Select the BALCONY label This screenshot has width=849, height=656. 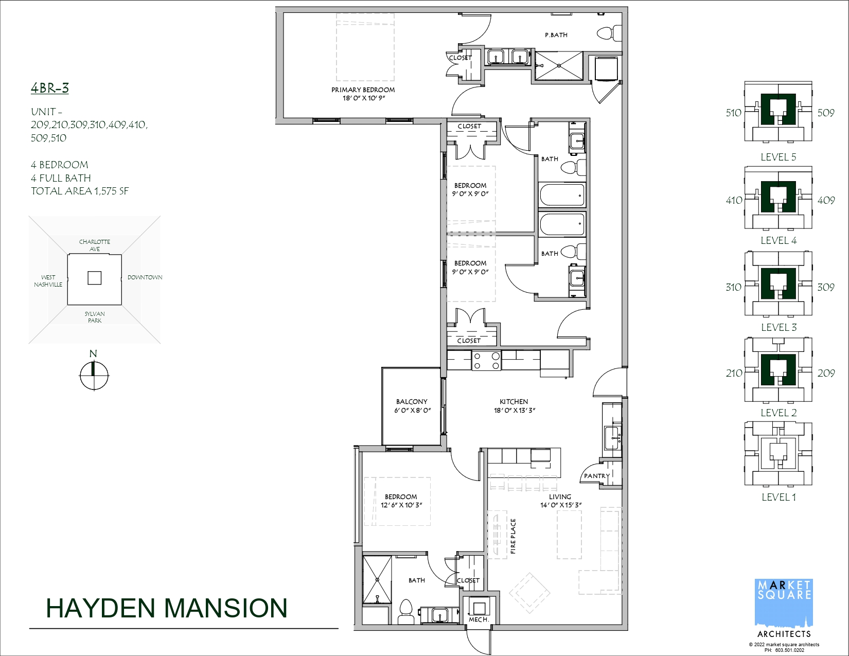(x=412, y=402)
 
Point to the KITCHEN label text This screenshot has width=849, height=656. (x=514, y=402)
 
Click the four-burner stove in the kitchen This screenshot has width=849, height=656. (x=486, y=361)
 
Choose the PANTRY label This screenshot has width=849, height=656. (x=596, y=476)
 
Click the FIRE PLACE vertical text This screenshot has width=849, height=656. (x=513, y=536)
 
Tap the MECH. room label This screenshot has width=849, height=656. (x=479, y=619)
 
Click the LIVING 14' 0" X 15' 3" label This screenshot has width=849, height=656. (x=561, y=501)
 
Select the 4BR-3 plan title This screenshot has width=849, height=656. (x=49, y=88)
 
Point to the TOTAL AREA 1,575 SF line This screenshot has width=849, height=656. (x=80, y=191)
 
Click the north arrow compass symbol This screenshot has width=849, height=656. (x=94, y=375)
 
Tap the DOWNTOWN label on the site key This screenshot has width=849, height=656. (x=145, y=277)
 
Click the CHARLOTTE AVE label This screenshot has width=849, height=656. (x=95, y=245)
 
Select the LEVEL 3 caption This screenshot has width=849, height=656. (x=779, y=327)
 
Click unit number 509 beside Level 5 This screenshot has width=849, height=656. (x=825, y=113)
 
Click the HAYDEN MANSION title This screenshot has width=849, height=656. (x=166, y=608)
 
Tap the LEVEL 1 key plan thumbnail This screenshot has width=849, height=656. (x=779, y=453)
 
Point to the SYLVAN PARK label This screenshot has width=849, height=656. (x=95, y=317)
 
